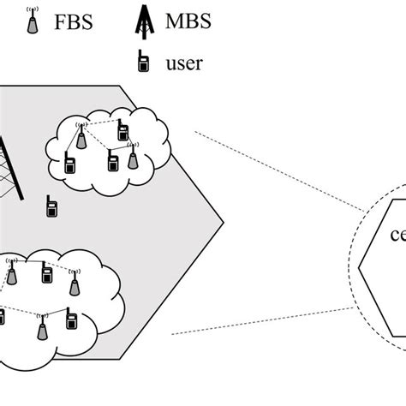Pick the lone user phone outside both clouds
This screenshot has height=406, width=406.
[x=51, y=206]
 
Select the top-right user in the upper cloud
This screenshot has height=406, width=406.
[x=122, y=130]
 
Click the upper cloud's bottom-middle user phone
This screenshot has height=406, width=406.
[x=112, y=162]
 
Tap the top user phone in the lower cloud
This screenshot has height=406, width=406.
[x=46, y=274]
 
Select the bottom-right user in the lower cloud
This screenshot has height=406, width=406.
[x=74, y=321]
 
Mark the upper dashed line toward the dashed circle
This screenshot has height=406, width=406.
[x=274, y=170]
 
